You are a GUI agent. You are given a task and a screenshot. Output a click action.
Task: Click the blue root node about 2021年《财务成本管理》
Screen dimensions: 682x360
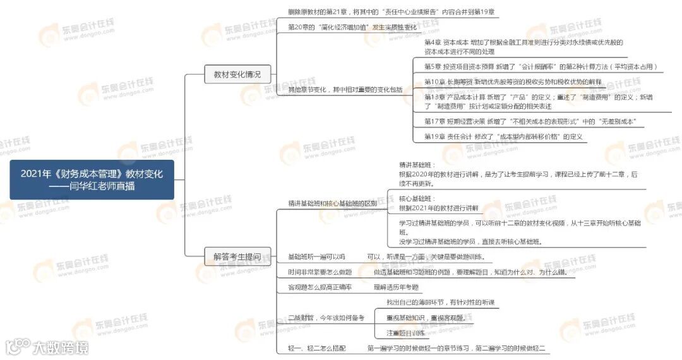(x=92, y=180)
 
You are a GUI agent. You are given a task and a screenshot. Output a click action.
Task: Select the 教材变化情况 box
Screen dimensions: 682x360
(x=232, y=74)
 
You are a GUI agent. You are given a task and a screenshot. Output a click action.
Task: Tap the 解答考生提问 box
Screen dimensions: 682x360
(x=232, y=256)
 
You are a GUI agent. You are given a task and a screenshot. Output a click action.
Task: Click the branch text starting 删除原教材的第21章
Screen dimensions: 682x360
(x=391, y=12)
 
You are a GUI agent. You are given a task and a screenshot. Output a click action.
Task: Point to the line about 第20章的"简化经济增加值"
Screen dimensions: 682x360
(x=352, y=27)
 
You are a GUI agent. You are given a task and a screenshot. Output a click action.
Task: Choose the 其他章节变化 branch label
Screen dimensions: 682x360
(x=345, y=90)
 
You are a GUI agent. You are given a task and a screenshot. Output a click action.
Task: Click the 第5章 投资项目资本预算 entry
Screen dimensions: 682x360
(x=542, y=66)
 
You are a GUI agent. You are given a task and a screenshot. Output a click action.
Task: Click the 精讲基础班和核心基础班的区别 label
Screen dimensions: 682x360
(x=332, y=203)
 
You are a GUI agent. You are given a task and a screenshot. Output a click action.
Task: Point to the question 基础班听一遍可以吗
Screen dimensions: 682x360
(x=316, y=256)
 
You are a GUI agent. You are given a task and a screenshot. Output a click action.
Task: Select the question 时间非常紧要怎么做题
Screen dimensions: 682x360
(x=320, y=272)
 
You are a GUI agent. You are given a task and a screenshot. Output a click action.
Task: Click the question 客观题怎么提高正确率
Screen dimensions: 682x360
(x=320, y=287)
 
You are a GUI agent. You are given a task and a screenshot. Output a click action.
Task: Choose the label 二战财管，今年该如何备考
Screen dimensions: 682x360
(x=326, y=318)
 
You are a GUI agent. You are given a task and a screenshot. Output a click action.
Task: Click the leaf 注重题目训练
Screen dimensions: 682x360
(x=405, y=333)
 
